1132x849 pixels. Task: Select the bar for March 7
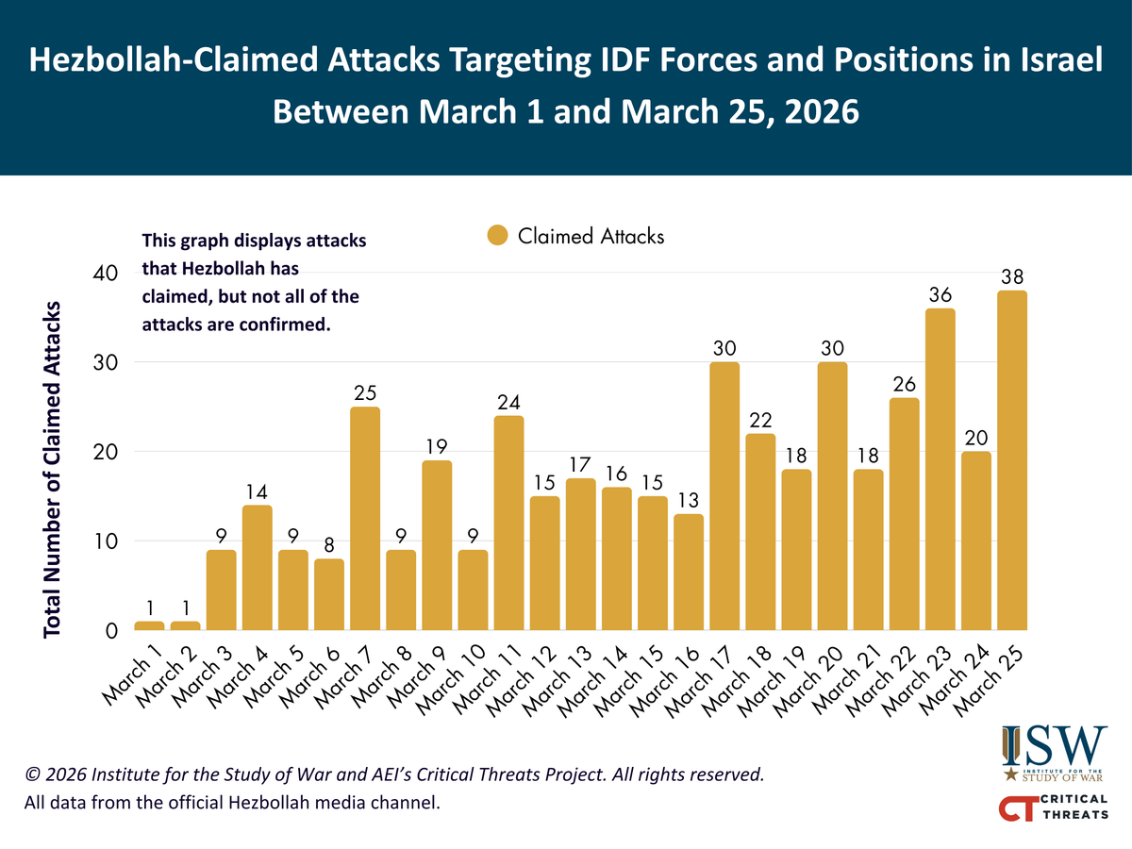pyautogui.click(x=365, y=518)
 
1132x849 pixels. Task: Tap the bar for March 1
pyautogui.click(x=149, y=625)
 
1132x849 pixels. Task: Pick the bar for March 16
pyautogui.click(x=688, y=572)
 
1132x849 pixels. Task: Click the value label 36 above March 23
pyautogui.click(x=940, y=295)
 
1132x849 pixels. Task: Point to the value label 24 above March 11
pyautogui.click(x=508, y=403)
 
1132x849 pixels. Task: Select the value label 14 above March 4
pyautogui.click(x=257, y=491)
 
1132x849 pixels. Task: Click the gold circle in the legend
pyautogui.click(x=497, y=236)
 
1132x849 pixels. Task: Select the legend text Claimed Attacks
pyautogui.click(x=591, y=236)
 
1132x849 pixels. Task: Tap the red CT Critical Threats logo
pyautogui.click(x=1053, y=807)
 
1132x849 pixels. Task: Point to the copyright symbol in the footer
pyautogui.click(x=34, y=775)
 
